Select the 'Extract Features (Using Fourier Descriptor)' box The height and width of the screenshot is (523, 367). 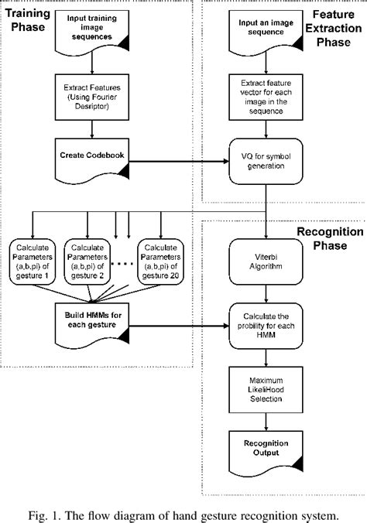pos(94,96)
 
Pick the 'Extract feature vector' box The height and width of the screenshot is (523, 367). pos(266,96)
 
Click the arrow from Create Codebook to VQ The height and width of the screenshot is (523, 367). pos(178,162)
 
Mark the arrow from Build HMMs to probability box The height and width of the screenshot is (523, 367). pos(178,328)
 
